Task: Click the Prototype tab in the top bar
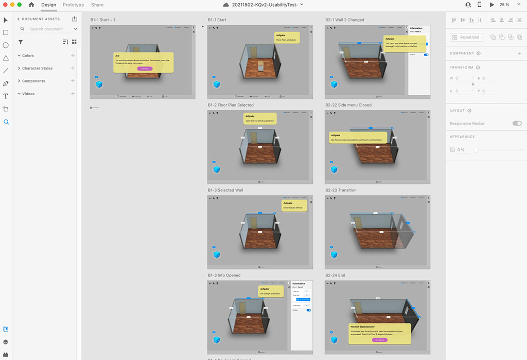tap(73, 5)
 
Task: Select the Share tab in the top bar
tap(97, 5)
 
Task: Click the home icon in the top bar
tap(31, 5)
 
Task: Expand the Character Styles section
tap(37, 68)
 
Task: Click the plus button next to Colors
tap(73, 56)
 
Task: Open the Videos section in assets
tap(28, 94)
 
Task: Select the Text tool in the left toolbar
tap(6, 96)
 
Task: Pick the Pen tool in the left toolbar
tap(6, 83)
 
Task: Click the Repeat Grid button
tap(466, 38)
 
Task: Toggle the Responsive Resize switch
tap(517, 124)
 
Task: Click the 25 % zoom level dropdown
tap(506, 5)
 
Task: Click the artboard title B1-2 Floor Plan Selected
tap(231, 105)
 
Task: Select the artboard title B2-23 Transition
tap(341, 190)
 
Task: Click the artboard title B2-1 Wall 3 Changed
tap(344, 20)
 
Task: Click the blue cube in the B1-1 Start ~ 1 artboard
tap(99, 84)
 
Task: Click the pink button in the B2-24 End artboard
tap(380, 340)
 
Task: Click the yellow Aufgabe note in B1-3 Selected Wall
tap(294, 205)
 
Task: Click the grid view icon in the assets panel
tap(74, 42)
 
